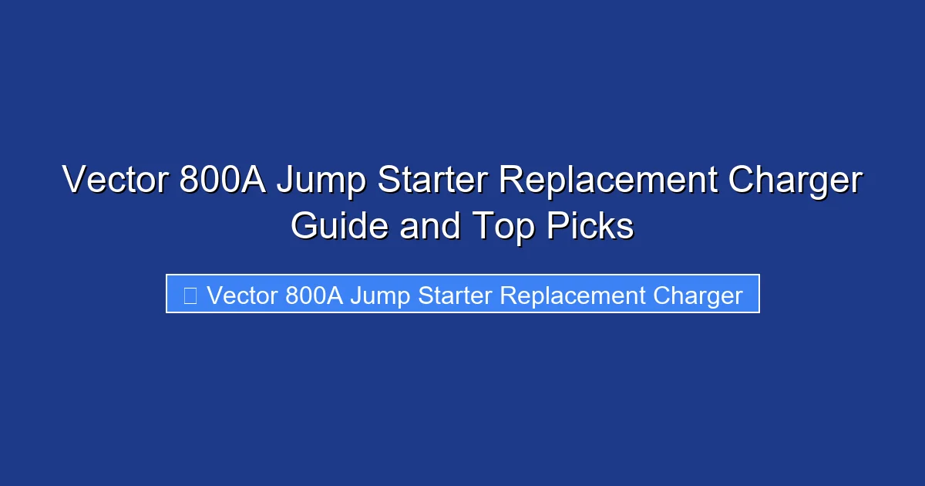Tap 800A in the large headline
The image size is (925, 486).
click(221, 181)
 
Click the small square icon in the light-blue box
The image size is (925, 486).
click(190, 295)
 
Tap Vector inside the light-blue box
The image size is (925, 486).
click(241, 295)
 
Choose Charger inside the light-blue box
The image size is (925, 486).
click(698, 295)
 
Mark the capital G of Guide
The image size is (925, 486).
click(304, 226)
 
